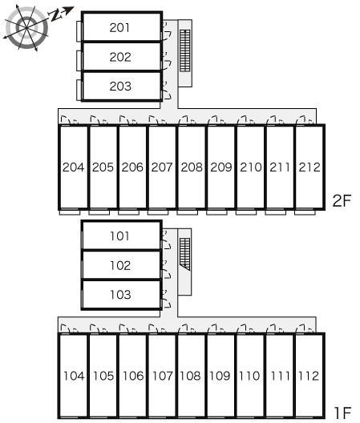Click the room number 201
pos(119,27)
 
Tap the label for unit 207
pos(162,167)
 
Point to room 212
pos(309,167)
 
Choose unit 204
pos(74,167)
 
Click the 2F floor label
pos(342,200)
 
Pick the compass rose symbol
pos(26,27)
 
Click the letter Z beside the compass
pos(55,16)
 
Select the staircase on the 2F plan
pos(185,50)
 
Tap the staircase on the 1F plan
pos(185,254)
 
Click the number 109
pos(220,376)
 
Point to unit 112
pos(309,376)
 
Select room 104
pos(74,376)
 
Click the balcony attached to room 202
pos(79,61)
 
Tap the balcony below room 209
pos(216,212)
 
